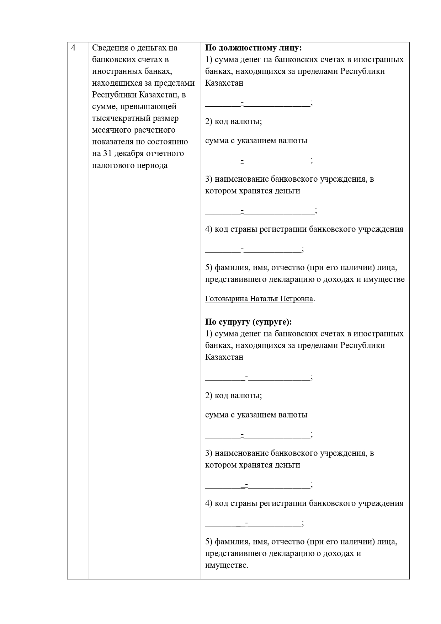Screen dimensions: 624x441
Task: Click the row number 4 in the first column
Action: (x=73, y=48)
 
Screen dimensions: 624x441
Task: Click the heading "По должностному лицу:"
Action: (x=254, y=48)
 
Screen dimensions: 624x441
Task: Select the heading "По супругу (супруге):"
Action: (x=248, y=322)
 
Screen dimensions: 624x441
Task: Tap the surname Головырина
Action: (x=226, y=299)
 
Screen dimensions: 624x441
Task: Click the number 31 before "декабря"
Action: (x=108, y=154)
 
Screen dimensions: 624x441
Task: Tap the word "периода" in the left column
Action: (x=152, y=165)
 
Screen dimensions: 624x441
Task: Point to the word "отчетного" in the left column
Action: (x=166, y=154)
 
